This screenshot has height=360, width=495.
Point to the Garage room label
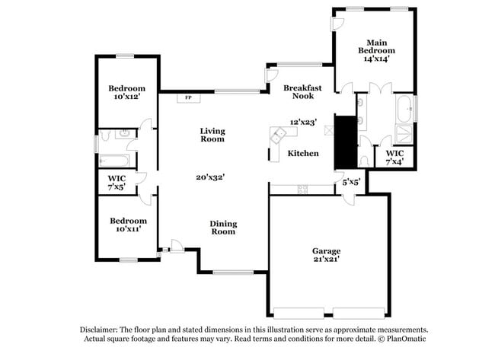tap(326, 255)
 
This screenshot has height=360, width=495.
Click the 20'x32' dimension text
tap(211, 177)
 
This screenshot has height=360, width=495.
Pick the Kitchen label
tap(303, 154)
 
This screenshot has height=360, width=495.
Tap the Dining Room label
tap(223, 228)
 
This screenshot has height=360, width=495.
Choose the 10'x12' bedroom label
tap(126, 93)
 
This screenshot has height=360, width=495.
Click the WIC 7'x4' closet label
tap(394, 157)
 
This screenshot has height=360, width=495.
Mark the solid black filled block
tap(346, 142)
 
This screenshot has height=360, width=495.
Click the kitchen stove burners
tap(303, 188)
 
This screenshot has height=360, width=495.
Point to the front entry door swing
tap(175, 246)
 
